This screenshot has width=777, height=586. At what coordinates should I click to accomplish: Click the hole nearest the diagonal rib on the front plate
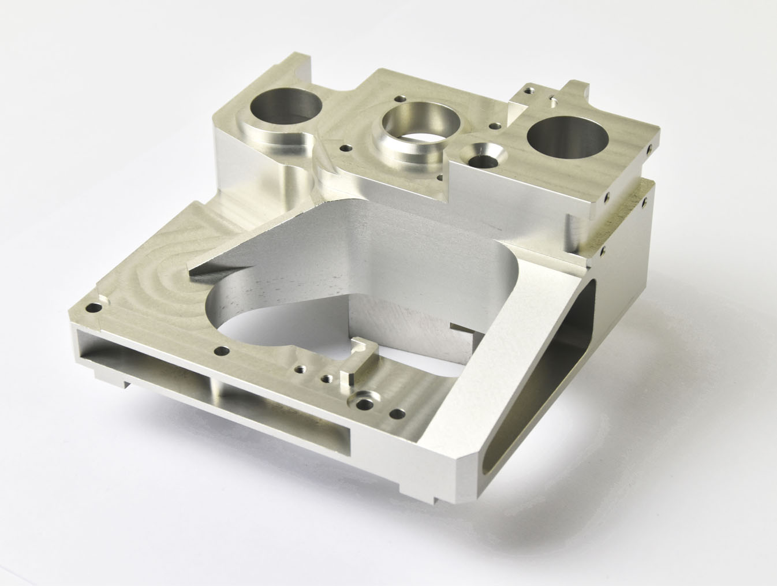(x=398, y=414)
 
